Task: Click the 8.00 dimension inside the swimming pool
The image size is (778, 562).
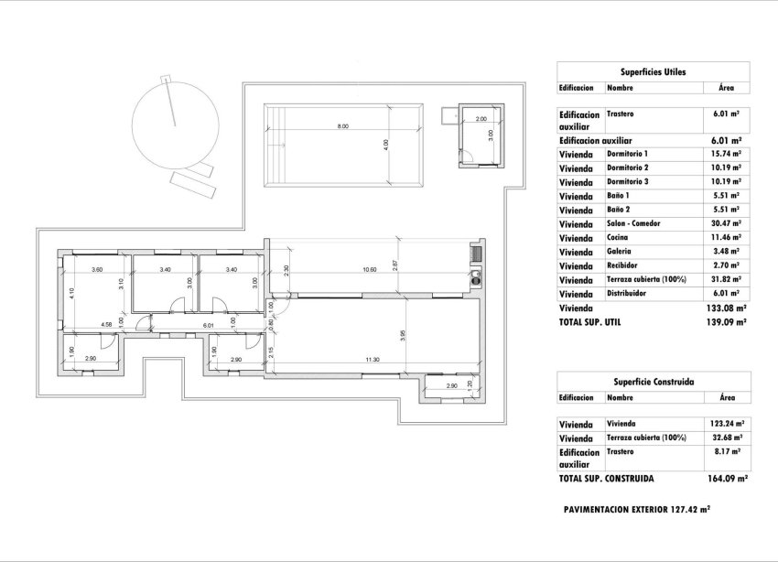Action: tap(342, 126)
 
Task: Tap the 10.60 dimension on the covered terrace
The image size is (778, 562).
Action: tap(369, 270)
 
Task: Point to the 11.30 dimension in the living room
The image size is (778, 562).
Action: tap(373, 360)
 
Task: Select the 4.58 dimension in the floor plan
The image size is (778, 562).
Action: tap(106, 324)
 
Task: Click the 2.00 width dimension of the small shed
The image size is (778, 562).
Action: tap(481, 119)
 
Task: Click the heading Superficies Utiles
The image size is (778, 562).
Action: tap(653, 70)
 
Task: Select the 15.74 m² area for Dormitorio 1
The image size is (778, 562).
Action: tap(726, 154)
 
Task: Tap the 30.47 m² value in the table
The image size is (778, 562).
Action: tap(726, 223)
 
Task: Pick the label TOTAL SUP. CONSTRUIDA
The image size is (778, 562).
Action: tap(606, 478)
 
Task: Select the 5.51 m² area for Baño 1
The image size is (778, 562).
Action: tap(726, 196)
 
